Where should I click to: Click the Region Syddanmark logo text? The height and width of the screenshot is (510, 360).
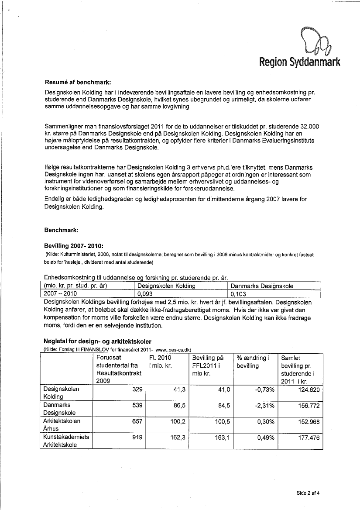pos(299,62)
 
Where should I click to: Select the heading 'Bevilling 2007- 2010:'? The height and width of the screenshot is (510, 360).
pos(73,246)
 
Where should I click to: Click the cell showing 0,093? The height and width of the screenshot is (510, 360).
pos(145,294)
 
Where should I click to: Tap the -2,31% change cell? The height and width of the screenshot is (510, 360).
pos(265,405)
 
